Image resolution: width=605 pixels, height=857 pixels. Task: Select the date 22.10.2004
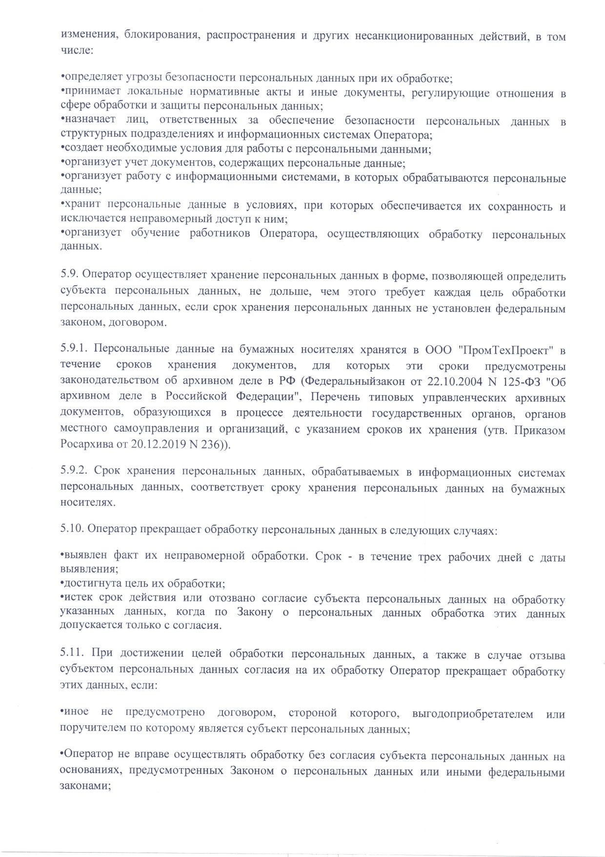coord(452,381)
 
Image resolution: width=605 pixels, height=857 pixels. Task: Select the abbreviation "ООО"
coord(439,350)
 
